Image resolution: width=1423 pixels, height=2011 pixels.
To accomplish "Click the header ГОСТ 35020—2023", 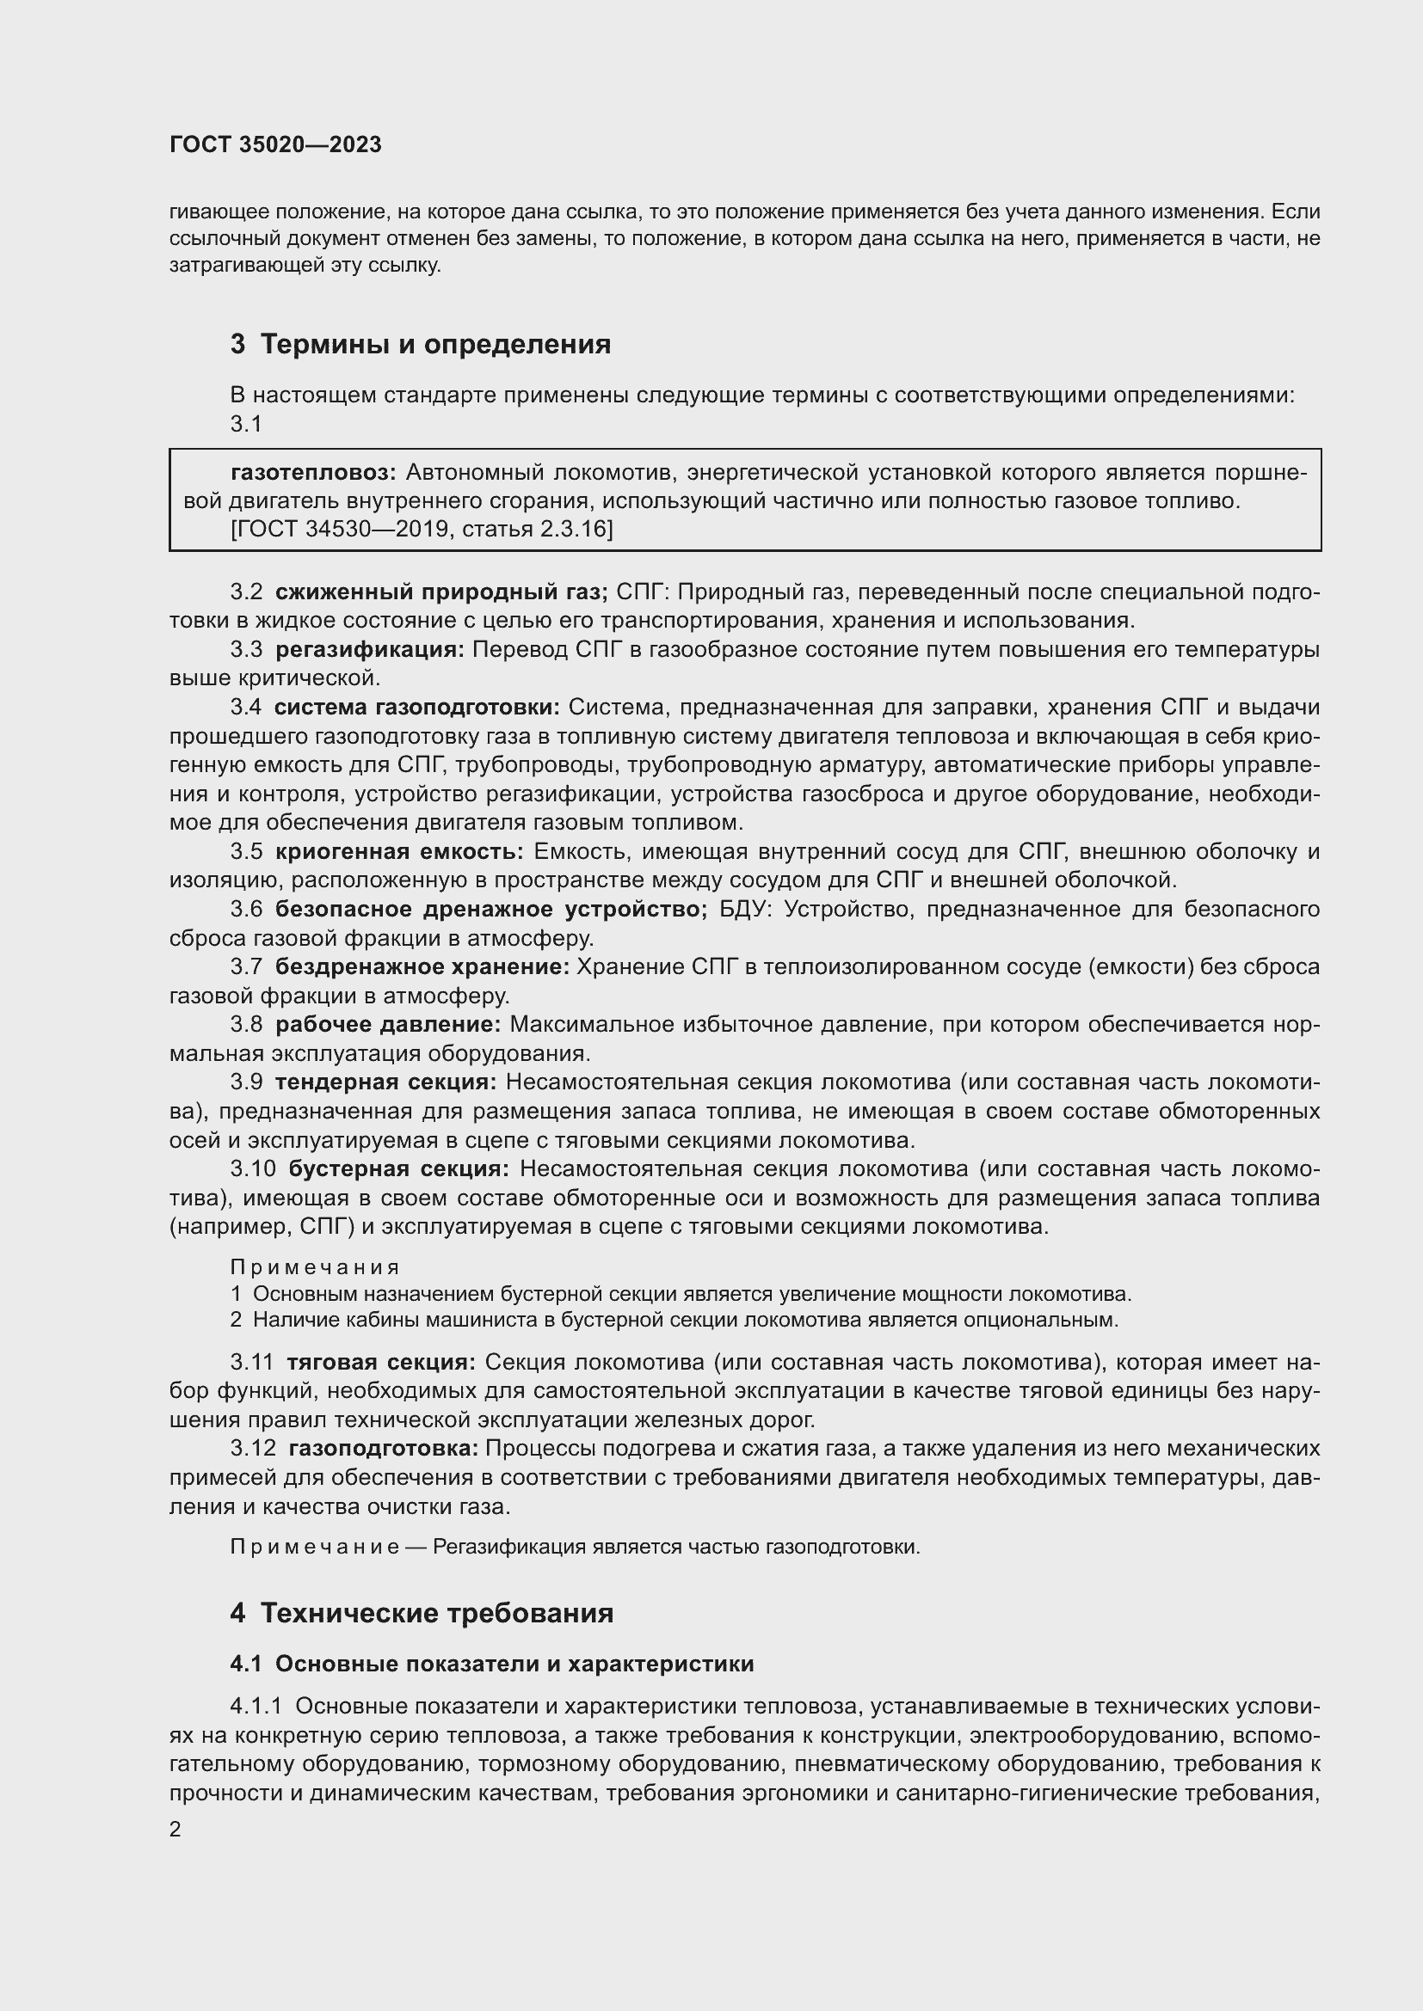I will pos(275,145).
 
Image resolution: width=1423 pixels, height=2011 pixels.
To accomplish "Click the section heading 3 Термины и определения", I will pos(420,344).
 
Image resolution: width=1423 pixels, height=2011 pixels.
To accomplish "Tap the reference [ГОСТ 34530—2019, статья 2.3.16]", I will pos(422,529).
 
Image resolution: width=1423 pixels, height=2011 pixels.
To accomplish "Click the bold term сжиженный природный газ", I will pos(440,592).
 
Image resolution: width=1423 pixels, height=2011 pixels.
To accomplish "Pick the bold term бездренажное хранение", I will pos(422,967).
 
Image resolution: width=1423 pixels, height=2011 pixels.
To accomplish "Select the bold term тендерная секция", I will pos(385,1082).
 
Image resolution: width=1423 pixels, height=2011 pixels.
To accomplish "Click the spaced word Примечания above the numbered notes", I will pos(315,1267).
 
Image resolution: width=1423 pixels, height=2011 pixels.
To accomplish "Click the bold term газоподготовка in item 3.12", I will pos(383,1449).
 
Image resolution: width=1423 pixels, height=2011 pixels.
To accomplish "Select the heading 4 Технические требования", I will pos(422,1612).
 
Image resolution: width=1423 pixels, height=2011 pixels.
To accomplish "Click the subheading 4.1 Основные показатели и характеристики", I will pos(491,1664).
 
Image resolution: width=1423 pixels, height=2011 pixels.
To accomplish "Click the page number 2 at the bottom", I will pos(176,1830).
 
